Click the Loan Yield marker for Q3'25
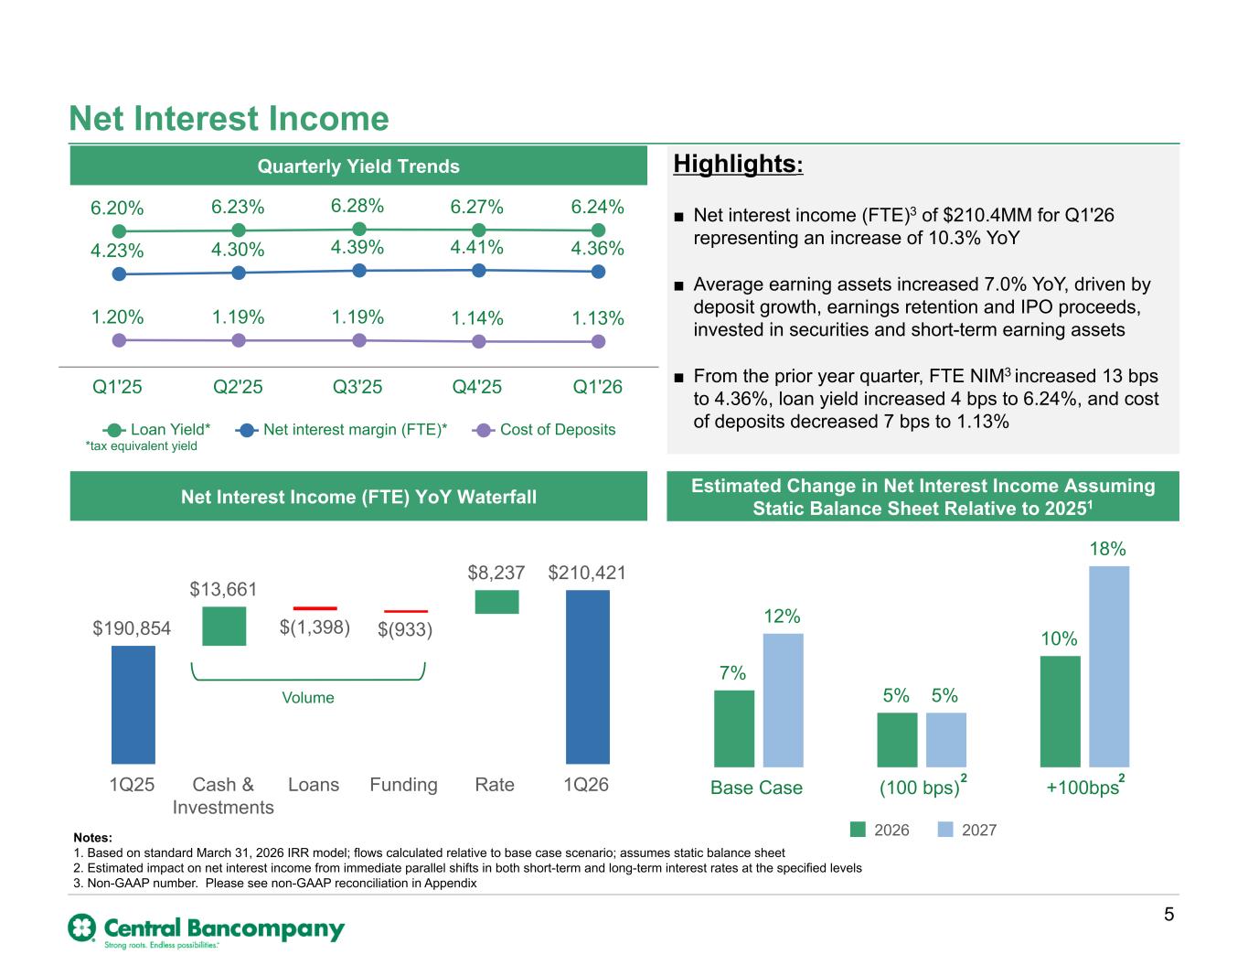[x=359, y=230]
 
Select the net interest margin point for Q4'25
[x=478, y=271]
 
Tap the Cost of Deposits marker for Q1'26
[x=598, y=342]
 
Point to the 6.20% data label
[x=117, y=208]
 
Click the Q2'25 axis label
[x=238, y=387]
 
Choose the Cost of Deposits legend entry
[x=543, y=430]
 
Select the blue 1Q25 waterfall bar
[x=133, y=705]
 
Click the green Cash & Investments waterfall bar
[x=224, y=626]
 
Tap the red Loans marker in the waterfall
[x=315, y=608]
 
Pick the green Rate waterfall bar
[x=496, y=602]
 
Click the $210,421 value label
[x=587, y=573]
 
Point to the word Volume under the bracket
[x=308, y=697]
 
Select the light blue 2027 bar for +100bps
[x=1109, y=666]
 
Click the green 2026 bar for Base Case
[x=734, y=728]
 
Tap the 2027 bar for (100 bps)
[x=946, y=740]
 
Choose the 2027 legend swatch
[x=945, y=830]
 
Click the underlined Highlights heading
[x=738, y=165]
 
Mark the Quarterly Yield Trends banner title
[x=358, y=166]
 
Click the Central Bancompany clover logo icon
[x=82, y=927]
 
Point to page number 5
[x=1168, y=915]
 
